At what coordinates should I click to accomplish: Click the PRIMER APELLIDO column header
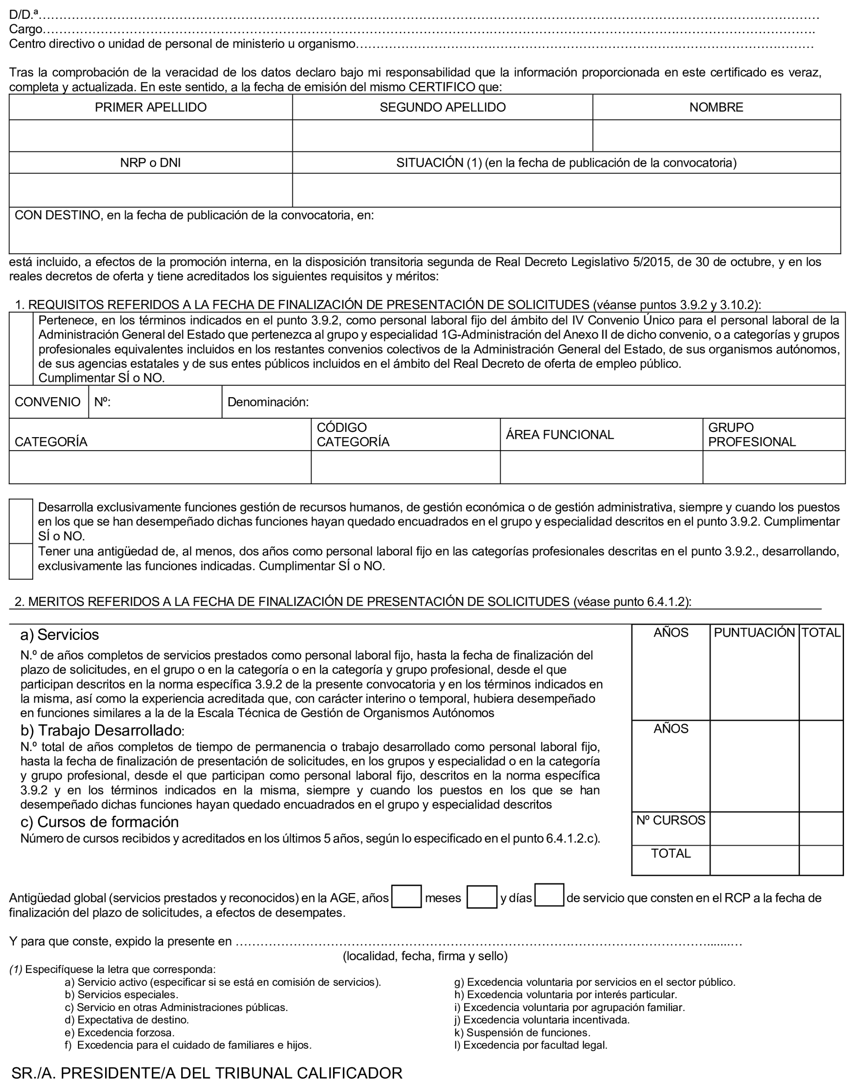[x=150, y=107]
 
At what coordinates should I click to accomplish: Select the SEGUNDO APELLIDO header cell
[x=443, y=107]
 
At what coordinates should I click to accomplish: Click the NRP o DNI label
[x=150, y=163]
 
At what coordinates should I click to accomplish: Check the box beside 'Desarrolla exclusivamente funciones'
[x=21, y=521]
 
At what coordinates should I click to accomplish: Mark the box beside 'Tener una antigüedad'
[x=21, y=561]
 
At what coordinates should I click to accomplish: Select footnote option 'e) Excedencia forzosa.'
[x=120, y=1032]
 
